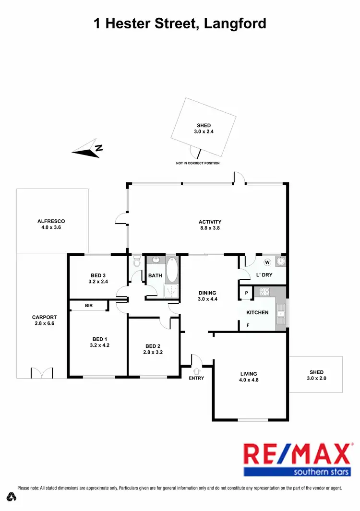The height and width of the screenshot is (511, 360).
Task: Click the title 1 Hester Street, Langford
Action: [x=180, y=23]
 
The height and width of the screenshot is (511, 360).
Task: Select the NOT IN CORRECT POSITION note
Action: [x=198, y=163]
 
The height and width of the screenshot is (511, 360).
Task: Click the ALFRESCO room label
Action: [x=51, y=224]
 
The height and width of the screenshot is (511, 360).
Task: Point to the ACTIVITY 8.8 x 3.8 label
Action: [x=210, y=225]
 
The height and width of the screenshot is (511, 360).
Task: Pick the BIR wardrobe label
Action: [x=88, y=305]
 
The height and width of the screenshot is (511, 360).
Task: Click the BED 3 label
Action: [x=98, y=278]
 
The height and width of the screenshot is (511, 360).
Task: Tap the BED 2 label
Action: [x=152, y=349]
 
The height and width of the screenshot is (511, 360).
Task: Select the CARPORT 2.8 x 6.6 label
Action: [x=44, y=320]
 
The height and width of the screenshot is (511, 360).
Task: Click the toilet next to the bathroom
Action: [x=137, y=261]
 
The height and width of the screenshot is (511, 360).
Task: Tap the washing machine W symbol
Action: [x=267, y=262]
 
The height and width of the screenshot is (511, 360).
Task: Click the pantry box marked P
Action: [x=246, y=293]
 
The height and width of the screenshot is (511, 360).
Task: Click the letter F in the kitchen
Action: [x=248, y=325]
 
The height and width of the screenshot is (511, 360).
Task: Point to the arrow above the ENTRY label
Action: [x=196, y=370]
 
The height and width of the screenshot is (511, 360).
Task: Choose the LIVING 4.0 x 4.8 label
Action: [x=249, y=377]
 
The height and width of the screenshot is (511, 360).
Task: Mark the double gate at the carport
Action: [x=42, y=372]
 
